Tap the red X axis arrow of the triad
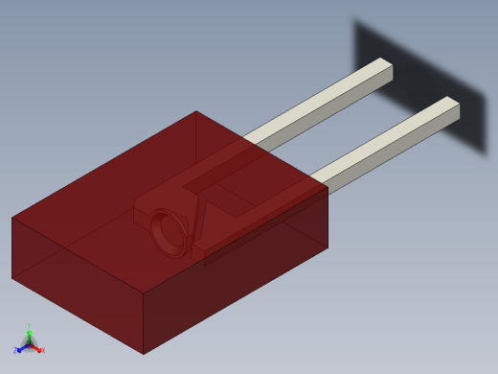(36, 348)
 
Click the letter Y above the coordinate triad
(29, 326)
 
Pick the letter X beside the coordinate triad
(42, 350)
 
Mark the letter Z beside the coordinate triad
(15, 351)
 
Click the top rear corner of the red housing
(196, 111)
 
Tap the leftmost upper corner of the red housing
(12, 218)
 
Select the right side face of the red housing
(239, 273)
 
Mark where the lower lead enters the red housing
(315, 179)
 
